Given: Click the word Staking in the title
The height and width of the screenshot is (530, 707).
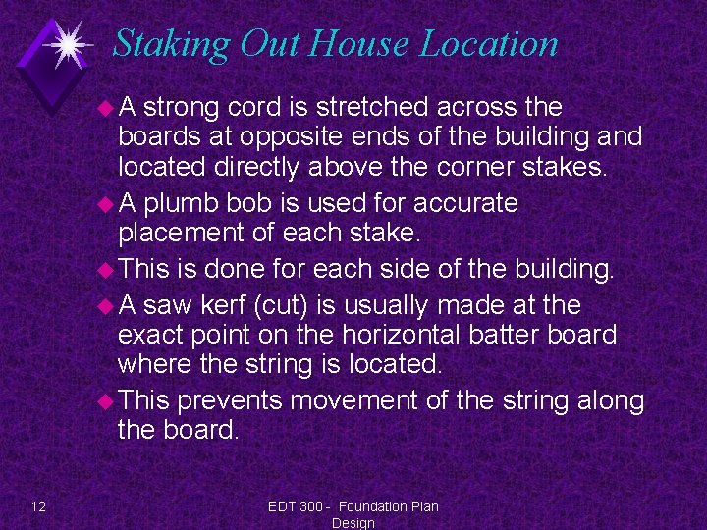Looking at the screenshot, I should (x=171, y=44).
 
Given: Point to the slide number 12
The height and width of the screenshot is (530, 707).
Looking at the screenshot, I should (x=38, y=506).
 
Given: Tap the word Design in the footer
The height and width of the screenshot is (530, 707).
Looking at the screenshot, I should (x=353, y=523).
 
